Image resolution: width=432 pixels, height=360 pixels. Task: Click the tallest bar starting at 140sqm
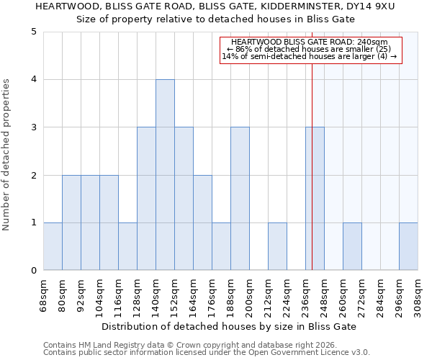[x=165, y=175]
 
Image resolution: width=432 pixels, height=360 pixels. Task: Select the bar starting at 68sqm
[x=53, y=246]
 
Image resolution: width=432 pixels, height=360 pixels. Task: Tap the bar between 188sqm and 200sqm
[x=240, y=199]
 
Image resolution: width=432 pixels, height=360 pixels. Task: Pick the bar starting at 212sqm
[x=277, y=246]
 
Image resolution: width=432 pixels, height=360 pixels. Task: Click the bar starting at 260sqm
[x=352, y=246]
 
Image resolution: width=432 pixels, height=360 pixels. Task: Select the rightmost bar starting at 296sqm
[x=408, y=246]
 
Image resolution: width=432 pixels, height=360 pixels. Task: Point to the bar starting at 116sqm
[x=127, y=246]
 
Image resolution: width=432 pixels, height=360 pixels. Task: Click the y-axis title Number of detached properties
[x=7, y=155]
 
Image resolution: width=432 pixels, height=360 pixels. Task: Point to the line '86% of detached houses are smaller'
[x=309, y=49]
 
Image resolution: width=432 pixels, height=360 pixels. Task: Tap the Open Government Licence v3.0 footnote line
[x=207, y=353]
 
